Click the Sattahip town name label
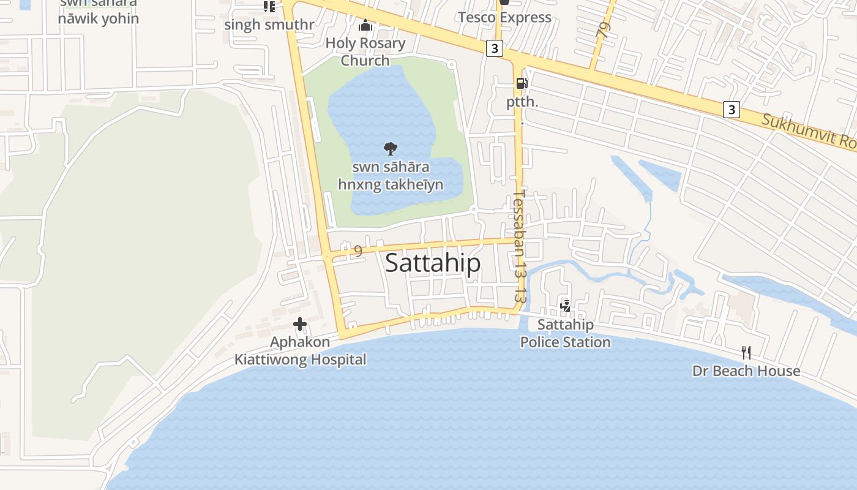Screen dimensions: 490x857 coord(433,263)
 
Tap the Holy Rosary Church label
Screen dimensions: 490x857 coord(365,51)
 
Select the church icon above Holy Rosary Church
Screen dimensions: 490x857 coord(365,25)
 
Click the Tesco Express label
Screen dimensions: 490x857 coord(504,17)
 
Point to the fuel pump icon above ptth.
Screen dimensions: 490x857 coord(522,83)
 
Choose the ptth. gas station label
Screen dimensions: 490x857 coord(522,102)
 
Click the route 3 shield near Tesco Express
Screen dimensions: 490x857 coord(495,48)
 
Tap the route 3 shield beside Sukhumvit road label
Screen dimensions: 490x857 coord(731,110)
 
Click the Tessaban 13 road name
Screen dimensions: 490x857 coord(519,245)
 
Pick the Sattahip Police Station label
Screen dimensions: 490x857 coord(565,333)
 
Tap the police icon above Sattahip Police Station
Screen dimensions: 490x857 coord(566,306)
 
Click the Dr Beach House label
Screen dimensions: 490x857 coord(746,371)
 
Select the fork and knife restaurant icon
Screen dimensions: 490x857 coord(746,352)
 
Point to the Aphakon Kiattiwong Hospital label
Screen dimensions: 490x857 coord(301,351)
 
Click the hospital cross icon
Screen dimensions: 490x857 coord(300,324)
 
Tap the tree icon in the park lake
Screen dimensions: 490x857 coord(390,148)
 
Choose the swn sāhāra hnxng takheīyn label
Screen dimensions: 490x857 coord(391,176)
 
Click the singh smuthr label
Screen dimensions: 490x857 coord(269,25)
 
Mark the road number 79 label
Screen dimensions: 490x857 coord(604,30)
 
